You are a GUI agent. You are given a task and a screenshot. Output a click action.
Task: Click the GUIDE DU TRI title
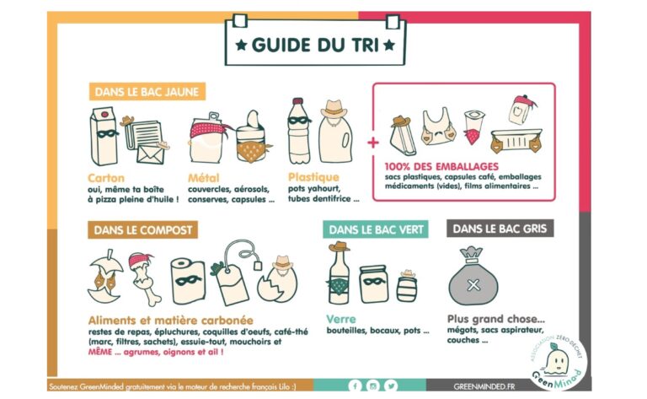coord(315,45)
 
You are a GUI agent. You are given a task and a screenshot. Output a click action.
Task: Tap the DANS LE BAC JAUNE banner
coord(147,92)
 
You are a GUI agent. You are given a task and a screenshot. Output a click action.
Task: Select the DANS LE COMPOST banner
coord(142,229)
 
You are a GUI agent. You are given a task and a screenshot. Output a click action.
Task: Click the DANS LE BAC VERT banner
coord(376,229)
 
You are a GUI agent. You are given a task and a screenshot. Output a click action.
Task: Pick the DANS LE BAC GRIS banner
coord(500,229)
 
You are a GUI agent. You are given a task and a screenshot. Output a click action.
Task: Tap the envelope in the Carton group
coord(151,154)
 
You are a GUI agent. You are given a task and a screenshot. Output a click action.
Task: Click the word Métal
coord(203,178)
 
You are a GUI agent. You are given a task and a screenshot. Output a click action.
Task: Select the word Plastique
coord(313,177)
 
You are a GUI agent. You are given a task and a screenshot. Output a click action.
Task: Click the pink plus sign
coord(373,143)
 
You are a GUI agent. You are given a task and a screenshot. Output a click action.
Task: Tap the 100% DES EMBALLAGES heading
coord(441,166)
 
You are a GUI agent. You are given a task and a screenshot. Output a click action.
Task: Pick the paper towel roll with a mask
coord(188,281)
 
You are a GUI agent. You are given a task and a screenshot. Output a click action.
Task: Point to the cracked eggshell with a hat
coord(277,279)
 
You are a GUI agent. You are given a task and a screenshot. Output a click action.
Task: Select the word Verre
coord(341,319)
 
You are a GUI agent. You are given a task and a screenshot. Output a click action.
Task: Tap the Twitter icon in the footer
coord(391,386)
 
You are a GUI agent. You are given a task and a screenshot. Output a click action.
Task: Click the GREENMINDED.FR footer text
coord(484,386)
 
